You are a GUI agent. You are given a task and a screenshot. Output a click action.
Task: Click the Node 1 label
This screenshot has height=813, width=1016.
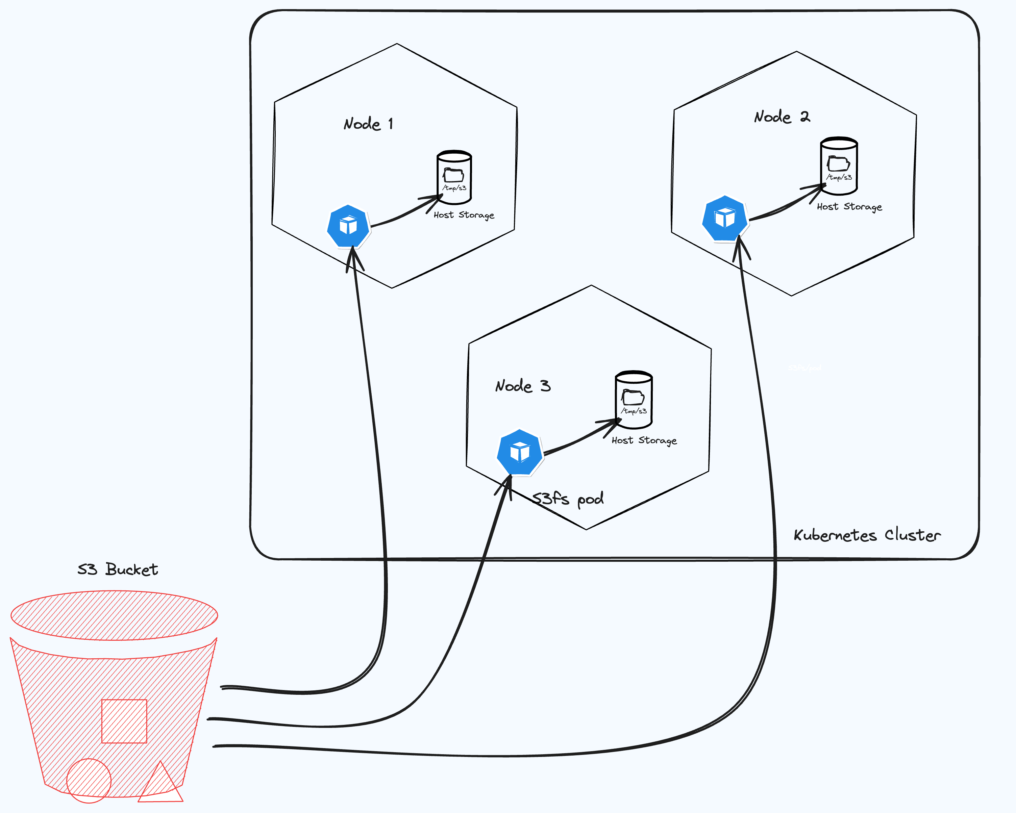[x=368, y=124]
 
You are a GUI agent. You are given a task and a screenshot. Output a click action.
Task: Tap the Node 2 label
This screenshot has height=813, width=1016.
[x=782, y=116]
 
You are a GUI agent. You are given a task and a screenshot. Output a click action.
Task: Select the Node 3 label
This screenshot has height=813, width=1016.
[x=523, y=386]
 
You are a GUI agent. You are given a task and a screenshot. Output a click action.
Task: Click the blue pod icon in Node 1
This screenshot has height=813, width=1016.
[x=348, y=226]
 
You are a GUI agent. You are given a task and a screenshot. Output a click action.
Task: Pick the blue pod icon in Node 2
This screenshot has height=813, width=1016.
[x=725, y=218]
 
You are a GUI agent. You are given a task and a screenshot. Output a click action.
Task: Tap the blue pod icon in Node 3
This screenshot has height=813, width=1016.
[x=520, y=452]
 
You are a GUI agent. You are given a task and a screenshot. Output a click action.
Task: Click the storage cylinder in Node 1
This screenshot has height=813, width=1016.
[x=454, y=177]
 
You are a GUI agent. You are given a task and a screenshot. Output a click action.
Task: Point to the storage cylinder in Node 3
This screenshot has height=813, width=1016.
[x=634, y=400]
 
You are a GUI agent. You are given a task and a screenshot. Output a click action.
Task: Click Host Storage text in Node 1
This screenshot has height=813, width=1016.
[x=464, y=215]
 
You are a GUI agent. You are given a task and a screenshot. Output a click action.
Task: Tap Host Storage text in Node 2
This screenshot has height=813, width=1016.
[x=849, y=207]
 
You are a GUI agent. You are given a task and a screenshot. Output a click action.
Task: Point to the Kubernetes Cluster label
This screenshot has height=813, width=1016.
[x=867, y=535]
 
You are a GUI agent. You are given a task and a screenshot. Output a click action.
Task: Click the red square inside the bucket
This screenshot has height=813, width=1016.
[x=124, y=721]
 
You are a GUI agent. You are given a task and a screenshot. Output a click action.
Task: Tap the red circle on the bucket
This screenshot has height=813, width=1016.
[x=89, y=781]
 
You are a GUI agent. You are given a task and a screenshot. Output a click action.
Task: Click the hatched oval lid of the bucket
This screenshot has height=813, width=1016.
[x=114, y=615]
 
